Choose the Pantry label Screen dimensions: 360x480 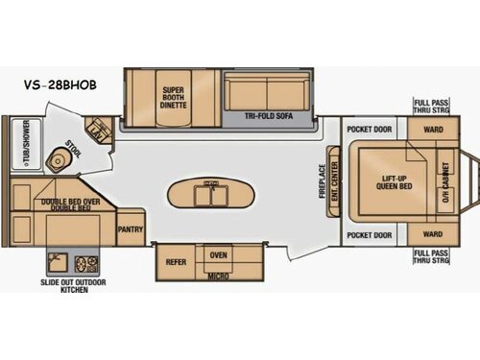[x=130, y=230]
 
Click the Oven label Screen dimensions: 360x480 [x=218, y=254]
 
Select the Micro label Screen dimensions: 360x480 [x=217, y=277]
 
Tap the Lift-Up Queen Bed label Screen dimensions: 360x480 [x=387, y=182]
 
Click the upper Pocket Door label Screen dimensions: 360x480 [x=370, y=129]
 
